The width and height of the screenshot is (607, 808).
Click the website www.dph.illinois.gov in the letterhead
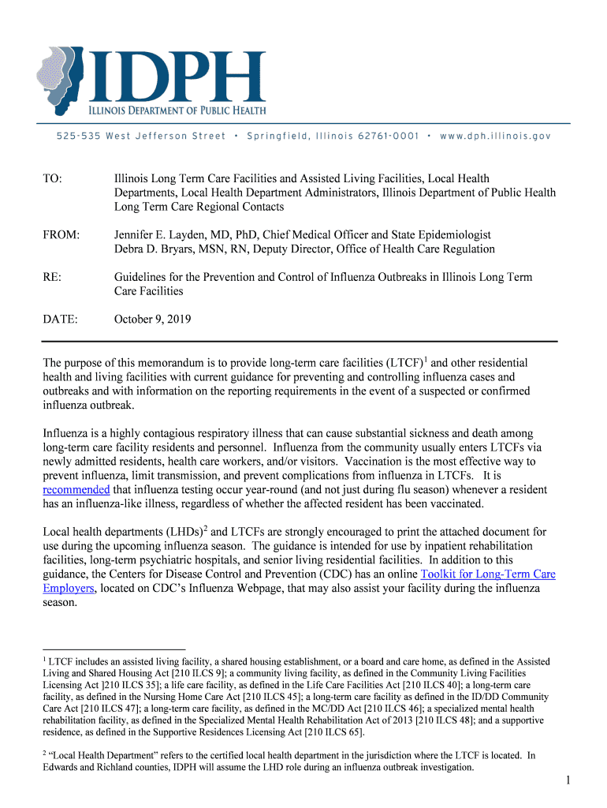pos(495,136)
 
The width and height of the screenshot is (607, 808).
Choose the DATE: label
pos(60,320)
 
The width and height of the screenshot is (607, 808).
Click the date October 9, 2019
pos(152,320)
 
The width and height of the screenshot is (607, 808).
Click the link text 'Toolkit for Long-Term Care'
pos(488,574)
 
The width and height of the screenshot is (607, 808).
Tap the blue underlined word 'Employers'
pos(69,589)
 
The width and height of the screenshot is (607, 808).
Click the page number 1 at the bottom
pos(567,781)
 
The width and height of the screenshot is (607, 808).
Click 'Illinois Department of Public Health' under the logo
pos(176,110)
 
